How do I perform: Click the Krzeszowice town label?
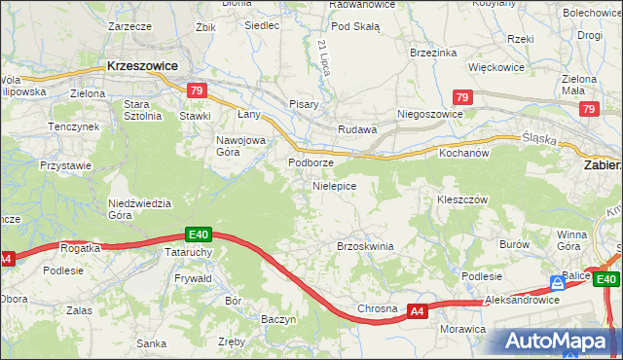(x=142, y=66)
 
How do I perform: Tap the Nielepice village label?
(x=334, y=185)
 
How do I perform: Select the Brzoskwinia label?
(x=365, y=246)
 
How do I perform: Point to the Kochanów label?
(x=464, y=154)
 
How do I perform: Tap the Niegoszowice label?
(x=429, y=114)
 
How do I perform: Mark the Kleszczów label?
(x=461, y=198)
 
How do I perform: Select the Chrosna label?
(x=377, y=308)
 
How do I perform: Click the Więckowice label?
(x=496, y=68)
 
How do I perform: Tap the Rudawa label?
(x=356, y=129)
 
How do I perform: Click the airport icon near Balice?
(x=556, y=283)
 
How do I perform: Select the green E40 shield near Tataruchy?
(x=199, y=234)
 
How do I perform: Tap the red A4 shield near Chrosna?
(x=417, y=311)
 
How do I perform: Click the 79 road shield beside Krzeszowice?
(x=197, y=91)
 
